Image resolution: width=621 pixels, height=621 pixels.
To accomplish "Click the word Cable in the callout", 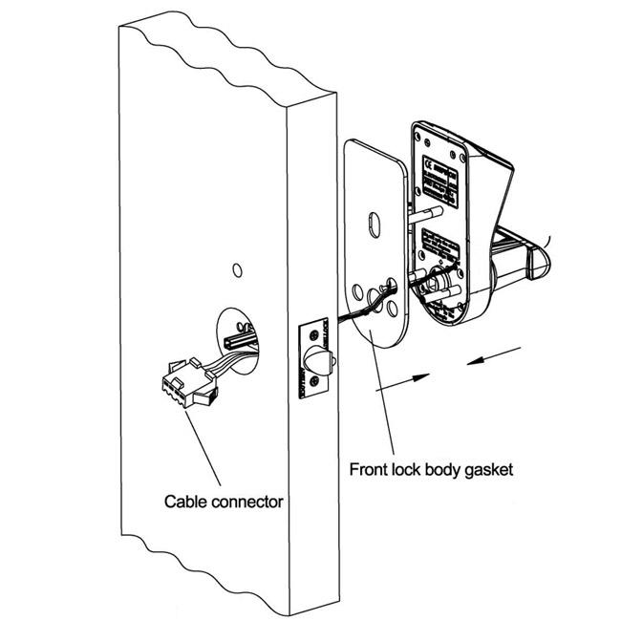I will (x=184, y=501).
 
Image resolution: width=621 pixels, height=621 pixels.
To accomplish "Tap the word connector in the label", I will (x=245, y=501).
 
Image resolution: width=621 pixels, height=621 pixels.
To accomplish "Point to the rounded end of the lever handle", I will (x=542, y=264).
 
